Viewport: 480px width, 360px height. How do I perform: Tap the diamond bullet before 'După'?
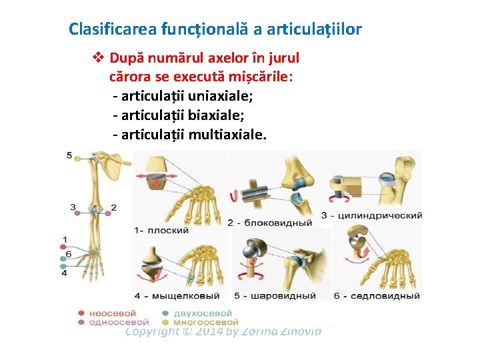coord(98,58)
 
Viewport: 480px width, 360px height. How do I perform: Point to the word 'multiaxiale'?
coord(227,135)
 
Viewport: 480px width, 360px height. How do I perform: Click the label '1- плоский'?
coord(162,230)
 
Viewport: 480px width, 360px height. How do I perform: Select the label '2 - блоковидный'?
coord(269,223)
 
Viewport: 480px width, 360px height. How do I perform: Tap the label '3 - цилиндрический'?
coord(371,215)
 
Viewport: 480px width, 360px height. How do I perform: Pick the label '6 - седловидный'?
coord(377,295)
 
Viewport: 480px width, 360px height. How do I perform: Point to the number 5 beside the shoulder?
coord(69,155)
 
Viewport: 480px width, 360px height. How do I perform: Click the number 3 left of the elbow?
coord(72,207)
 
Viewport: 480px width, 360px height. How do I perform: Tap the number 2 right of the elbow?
coord(114,207)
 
